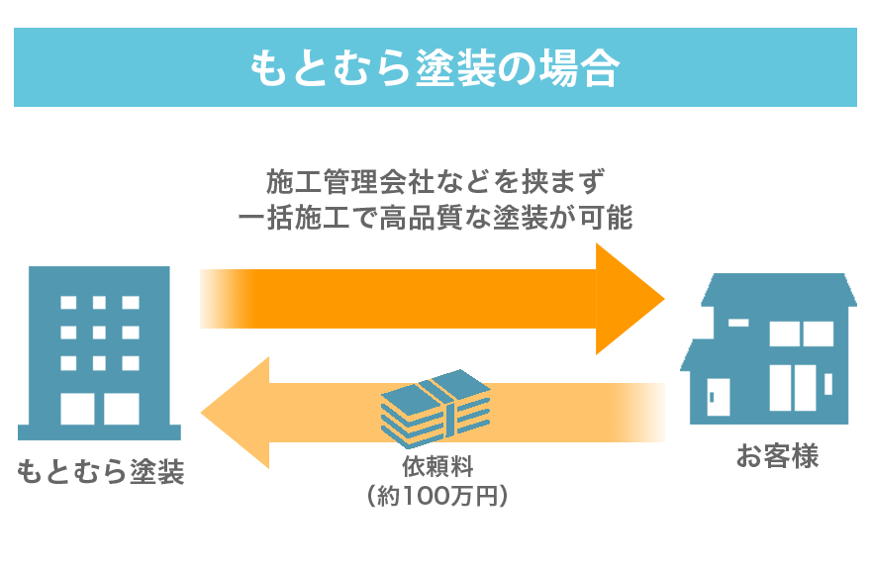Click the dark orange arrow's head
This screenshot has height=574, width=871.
[630, 298]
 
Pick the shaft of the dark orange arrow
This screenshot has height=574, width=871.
[396, 298]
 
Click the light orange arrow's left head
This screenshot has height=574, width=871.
[235, 412]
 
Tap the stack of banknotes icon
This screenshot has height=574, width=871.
[435, 408]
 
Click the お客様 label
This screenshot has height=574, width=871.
[777, 457]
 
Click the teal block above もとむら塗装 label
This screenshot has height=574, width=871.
[97, 352]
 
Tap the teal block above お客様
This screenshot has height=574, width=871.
[770, 347]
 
